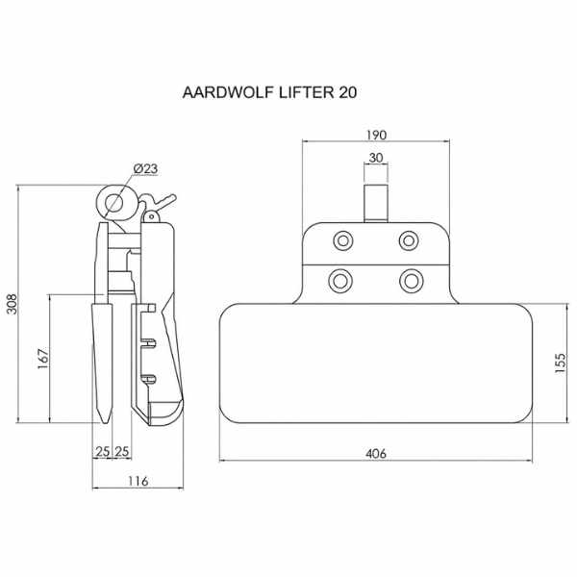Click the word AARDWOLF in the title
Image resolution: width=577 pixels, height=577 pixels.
(x=229, y=92)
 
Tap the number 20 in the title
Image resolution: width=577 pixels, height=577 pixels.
(x=347, y=92)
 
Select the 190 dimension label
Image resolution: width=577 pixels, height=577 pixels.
(x=376, y=135)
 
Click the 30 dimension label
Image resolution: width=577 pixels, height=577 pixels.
(x=376, y=158)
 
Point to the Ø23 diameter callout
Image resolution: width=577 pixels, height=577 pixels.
(x=146, y=169)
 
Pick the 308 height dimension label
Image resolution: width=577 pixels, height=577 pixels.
(x=13, y=304)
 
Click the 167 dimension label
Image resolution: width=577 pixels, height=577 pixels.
(x=43, y=359)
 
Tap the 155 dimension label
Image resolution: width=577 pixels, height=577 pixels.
(x=560, y=364)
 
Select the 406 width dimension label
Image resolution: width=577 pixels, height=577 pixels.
(x=376, y=454)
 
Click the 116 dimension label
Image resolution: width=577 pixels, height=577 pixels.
(x=138, y=481)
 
